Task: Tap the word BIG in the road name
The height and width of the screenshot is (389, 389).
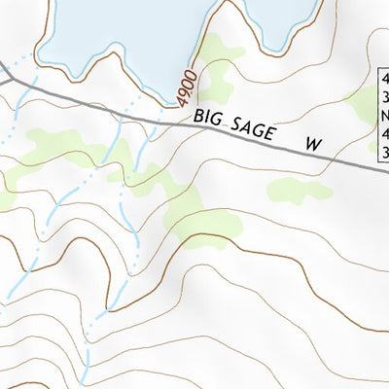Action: pyautogui.click(x=209, y=119)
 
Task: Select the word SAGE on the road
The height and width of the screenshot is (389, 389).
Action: pyautogui.click(x=258, y=131)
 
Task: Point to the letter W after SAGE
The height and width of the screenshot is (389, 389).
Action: pyautogui.click(x=312, y=144)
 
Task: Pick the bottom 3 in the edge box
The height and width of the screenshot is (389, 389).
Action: pyautogui.click(x=384, y=153)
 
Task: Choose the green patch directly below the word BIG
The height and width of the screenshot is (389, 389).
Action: pyautogui.click(x=204, y=219)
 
